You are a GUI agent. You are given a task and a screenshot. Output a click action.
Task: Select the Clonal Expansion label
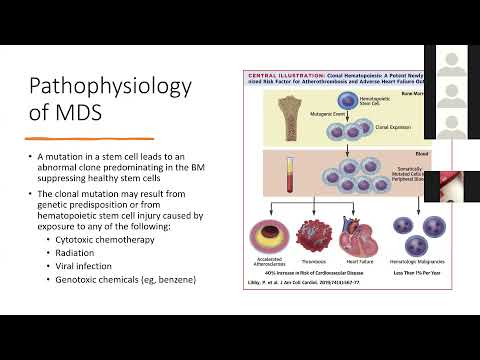(374, 127)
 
